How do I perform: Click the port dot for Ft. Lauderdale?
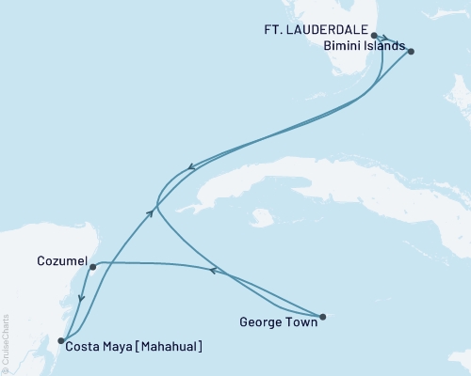click(375, 36)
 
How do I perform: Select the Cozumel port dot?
click(92, 267)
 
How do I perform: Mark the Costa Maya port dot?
click(60, 340)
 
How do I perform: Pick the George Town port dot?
click(322, 317)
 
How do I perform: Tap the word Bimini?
click(341, 45)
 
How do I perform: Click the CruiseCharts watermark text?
click(6, 343)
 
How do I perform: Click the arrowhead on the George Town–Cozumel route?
click(213, 272)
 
